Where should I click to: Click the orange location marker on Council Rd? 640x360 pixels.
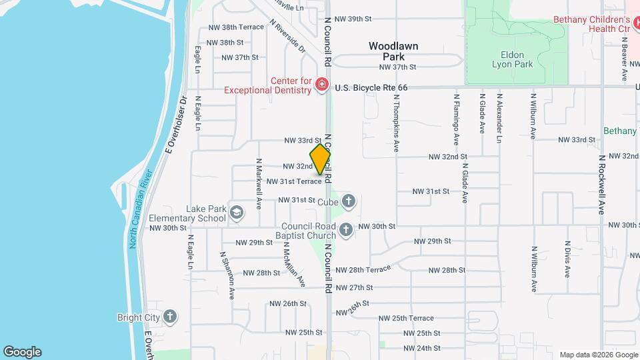pyautogui.click(x=321, y=159)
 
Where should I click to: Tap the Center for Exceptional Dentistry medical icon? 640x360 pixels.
pyautogui.click(x=322, y=85)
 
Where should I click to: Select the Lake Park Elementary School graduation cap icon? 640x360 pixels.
pyautogui.click(x=235, y=212)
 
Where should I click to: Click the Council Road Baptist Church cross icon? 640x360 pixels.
pyautogui.click(x=345, y=230)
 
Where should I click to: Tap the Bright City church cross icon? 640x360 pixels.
pyautogui.click(x=170, y=317)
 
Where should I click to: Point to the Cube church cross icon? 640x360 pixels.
pyautogui.click(x=349, y=201)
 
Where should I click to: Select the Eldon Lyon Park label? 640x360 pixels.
pyautogui.click(x=512, y=59)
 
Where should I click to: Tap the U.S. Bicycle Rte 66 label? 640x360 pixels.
pyautogui.click(x=371, y=87)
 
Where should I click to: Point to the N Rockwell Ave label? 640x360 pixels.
pyautogui.click(x=601, y=184)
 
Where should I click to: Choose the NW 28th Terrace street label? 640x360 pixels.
pyautogui.click(x=363, y=269)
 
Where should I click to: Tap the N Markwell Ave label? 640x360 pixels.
pyautogui.click(x=259, y=182)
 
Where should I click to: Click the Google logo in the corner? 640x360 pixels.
pyautogui.click(x=22, y=351)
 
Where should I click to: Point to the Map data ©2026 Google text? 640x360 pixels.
pyautogui.click(x=598, y=354)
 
